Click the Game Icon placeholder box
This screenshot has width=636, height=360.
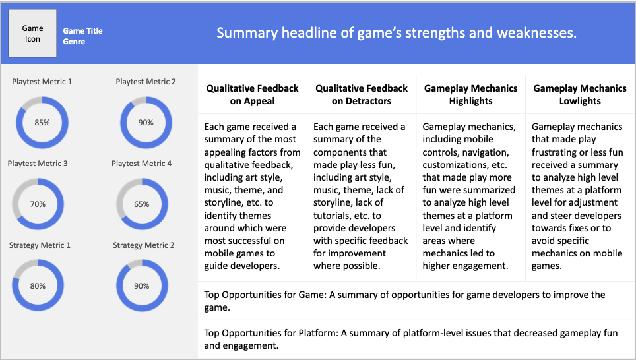(x=33, y=33)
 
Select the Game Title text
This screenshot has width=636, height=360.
(x=82, y=31)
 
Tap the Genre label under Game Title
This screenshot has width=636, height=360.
(x=74, y=42)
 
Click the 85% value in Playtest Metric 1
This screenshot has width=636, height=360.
(x=42, y=123)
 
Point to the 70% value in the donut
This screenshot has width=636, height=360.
(x=38, y=204)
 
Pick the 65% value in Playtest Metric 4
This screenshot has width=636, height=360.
(x=142, y=204)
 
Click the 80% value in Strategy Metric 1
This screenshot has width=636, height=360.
(x=38, y=285)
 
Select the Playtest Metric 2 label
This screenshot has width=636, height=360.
(x=146, y=82)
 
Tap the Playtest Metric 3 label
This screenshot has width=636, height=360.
(x=38, y=164)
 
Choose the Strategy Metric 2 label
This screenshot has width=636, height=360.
(x=144, y=245)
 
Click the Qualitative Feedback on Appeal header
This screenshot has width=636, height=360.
(x=252, y=94)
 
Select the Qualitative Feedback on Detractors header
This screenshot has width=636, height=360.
(x=362, y=94)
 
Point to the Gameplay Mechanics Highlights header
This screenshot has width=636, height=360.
(x=470, y=94)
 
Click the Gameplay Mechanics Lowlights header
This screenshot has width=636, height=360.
(x=580, y=94)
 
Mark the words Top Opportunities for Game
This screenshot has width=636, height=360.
(x=265, y=295)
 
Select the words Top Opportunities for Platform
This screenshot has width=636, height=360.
(x=271, y=333)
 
